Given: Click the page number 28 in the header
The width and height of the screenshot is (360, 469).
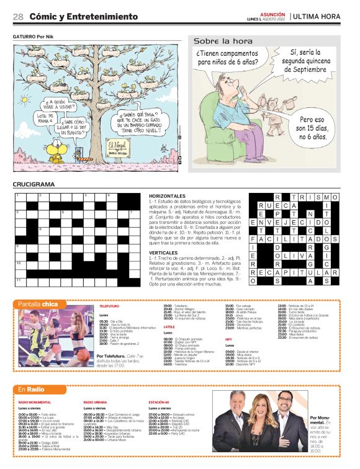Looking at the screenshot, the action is click(18, 16).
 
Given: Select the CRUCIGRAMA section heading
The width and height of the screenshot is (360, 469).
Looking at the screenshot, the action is click(34, 185).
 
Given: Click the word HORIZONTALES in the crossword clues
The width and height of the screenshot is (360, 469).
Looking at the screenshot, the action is click(167, 196).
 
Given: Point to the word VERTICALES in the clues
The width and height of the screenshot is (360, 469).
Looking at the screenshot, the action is click(163, 252).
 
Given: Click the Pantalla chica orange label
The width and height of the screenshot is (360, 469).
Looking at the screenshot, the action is click(38, 304).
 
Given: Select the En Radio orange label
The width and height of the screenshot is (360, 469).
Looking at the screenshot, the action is click(31, 390).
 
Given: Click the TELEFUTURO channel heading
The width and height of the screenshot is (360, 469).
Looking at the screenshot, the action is click(109, 306).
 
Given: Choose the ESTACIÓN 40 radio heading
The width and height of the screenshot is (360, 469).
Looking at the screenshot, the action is click(159, 403).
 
